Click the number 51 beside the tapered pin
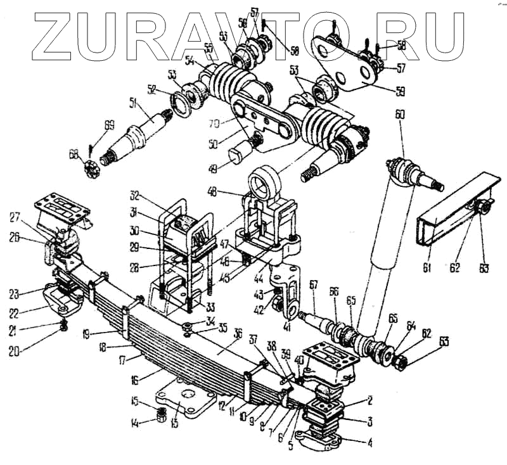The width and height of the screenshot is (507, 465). click(x=133, y=103)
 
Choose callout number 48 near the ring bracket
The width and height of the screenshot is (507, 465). click(x=212, y=191)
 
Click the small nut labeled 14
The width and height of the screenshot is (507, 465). click(x=162, y=416)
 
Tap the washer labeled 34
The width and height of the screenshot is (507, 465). click(x=189, y=327)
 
